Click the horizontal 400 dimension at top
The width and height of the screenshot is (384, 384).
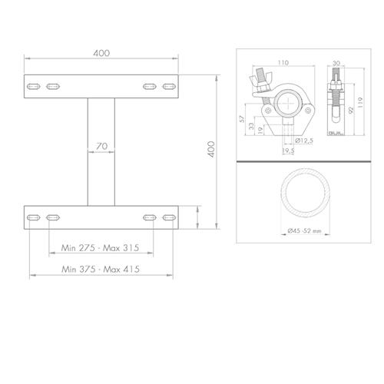101,52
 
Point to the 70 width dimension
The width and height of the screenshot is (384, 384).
101,146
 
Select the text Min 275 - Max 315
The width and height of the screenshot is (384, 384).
101,249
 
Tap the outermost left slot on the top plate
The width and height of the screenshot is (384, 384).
33,85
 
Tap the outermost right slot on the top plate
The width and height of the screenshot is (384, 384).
169,85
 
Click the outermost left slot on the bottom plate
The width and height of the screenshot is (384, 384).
33,218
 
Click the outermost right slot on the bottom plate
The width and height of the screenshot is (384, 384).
169,218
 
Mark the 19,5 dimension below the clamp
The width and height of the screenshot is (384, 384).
286,151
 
